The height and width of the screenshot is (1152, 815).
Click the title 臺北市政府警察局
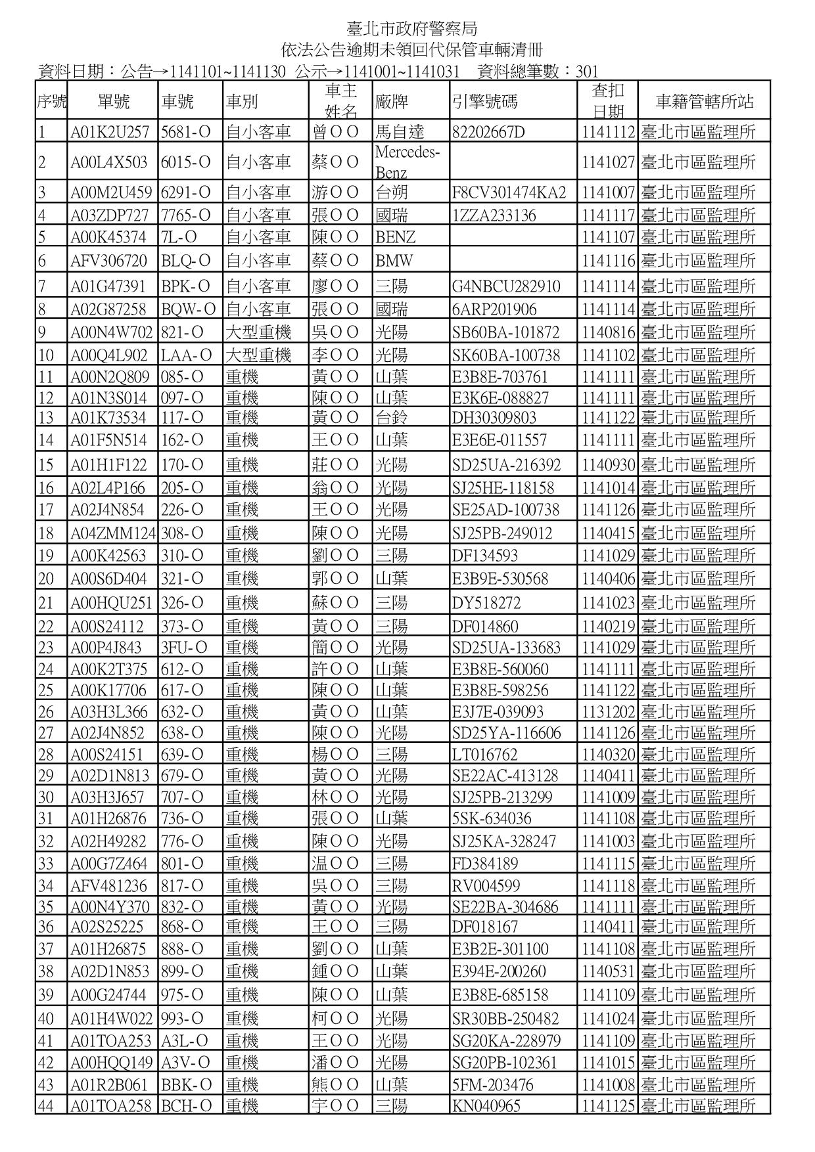pyautogui.click(x=412, y=29)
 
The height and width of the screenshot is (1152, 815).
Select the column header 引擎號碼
pyautogui.click(x=484, y=102)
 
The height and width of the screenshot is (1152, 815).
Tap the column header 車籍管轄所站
pyautogui.click(x=704, y=102)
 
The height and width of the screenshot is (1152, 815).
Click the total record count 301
pyautogui.click(x=586, y=72)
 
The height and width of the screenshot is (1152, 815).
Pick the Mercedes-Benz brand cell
pyautogui.click(x=407, y=162)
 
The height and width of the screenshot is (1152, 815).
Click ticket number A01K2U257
pyautogui.click(x=110, y=132)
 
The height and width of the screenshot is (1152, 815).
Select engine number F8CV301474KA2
pyautogui.click(x=509, y=193)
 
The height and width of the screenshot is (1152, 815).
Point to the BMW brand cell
pyautogui.click(x=394, y=261)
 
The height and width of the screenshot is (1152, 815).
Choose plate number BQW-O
pyautogui.click(x=188, y=309)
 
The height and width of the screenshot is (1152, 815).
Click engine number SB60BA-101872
pyautogui.click(x=505, y=332)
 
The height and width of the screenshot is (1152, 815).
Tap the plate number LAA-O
pyautogui.click(x=187, y=356)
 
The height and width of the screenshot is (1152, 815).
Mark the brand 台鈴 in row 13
pyautogui.click(x=391, y=418)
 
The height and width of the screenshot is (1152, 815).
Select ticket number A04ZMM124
pyautogui.click(x=113, y=533)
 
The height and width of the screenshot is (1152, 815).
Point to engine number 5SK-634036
pyautogui.click(x=492, y=819)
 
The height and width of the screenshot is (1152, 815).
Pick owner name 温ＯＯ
pyautogui.click(x=335, y=864)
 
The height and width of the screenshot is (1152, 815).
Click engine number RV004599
pyautogui.click(x=486, y=886)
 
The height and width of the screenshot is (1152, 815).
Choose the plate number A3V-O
pyautogui.click(x=184, y=1063)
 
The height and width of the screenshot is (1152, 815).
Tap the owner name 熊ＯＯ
pyautogui.click(x=335, y=1085)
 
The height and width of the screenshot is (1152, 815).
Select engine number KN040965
pyautogui.click(x=486, y=1107)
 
